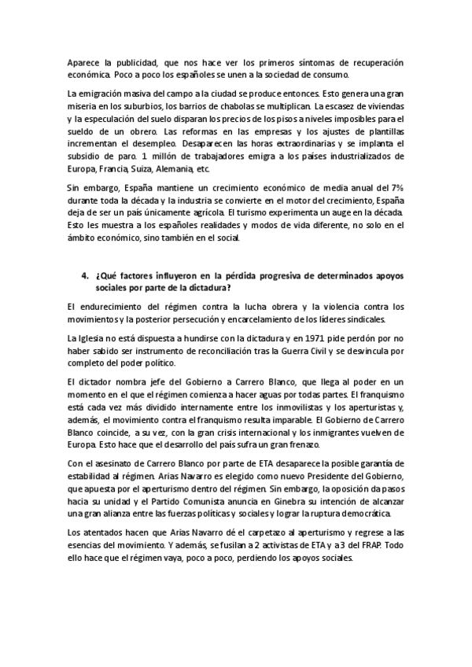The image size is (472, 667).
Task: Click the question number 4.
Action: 85,278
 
